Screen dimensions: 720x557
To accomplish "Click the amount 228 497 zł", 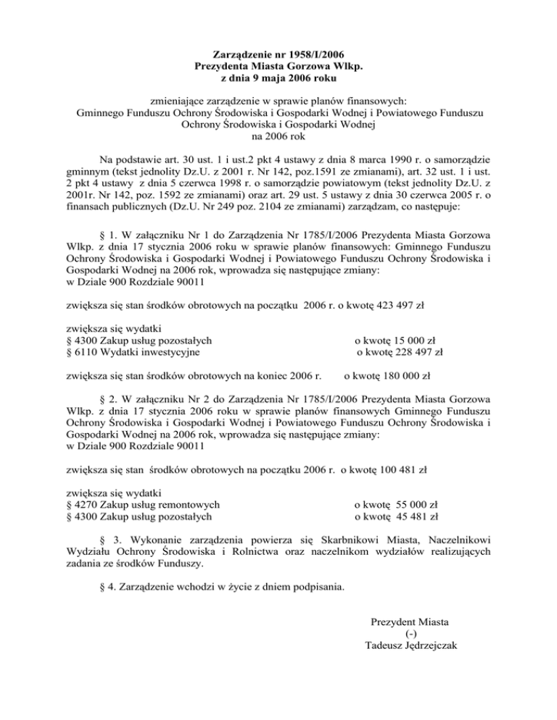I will (412, 352).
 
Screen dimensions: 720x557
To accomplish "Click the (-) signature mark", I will (412, 634).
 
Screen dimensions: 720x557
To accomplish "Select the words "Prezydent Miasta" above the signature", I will (410, 621).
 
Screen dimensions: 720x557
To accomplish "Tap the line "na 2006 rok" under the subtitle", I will (278, 135).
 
